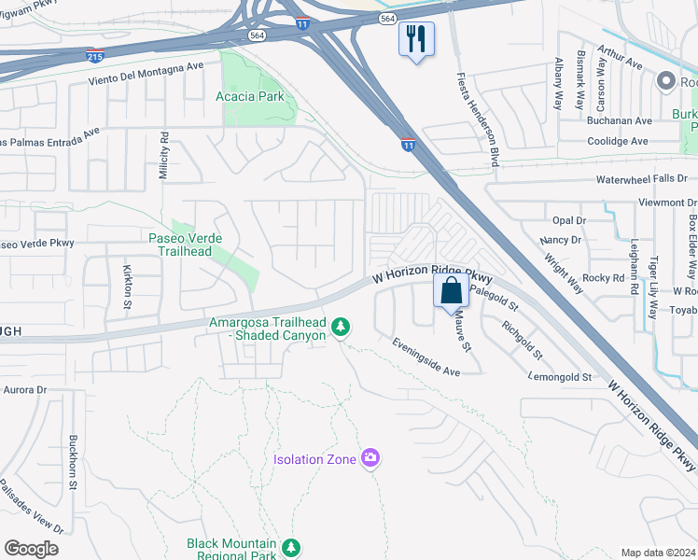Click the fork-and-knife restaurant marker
[416, 39]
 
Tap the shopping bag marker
[451, 289]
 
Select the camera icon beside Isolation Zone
[370, 457]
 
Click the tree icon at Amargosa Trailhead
[342, 326]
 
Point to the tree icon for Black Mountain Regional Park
[292, 546]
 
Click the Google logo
[31, 549]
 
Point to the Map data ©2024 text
[658, 553]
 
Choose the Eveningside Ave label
[426, 357]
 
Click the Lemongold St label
[561, 376]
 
